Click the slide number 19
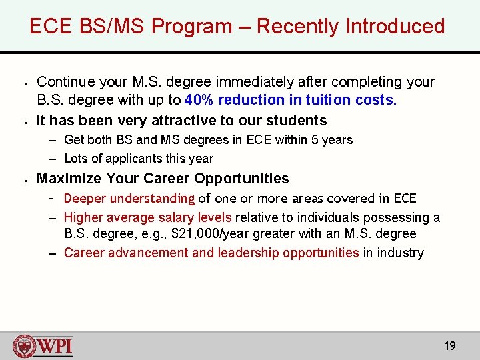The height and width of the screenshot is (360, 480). [x=450, y=345]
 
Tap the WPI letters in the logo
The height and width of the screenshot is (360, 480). [x=55, y=347]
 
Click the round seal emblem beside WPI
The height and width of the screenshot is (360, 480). [x=24, y=347]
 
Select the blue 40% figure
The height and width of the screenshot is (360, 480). [x=200, y=101]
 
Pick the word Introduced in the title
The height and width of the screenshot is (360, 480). [x=395, y=27]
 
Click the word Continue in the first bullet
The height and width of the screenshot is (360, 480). [x=65, y=82]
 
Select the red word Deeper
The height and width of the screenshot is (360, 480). [x=85, y=199]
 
